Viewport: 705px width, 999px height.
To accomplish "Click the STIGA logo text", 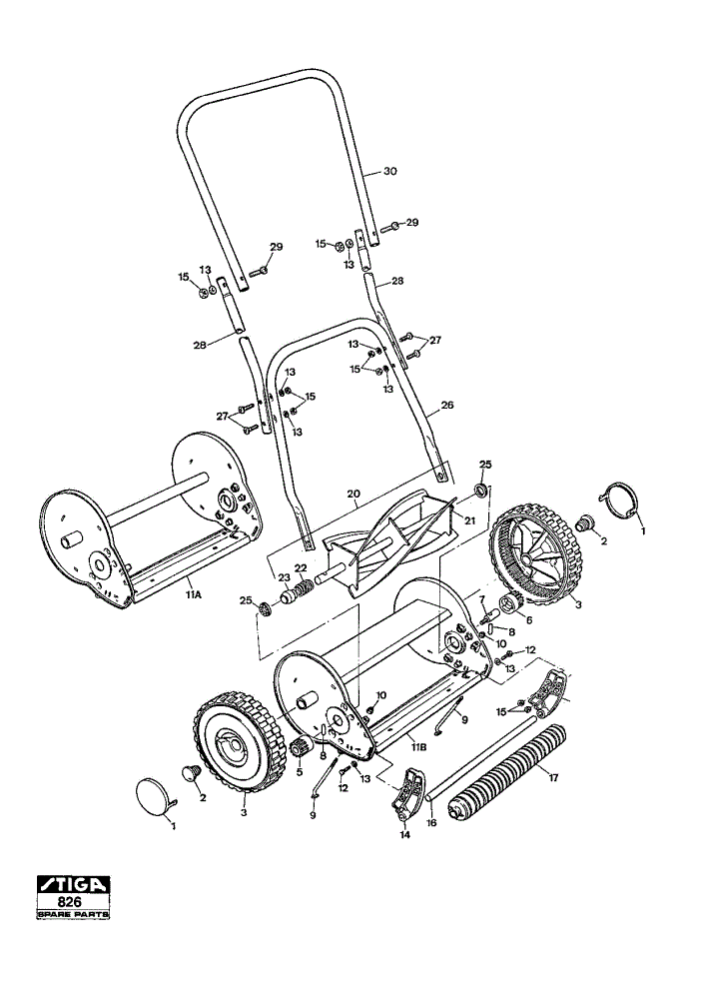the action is point(73,885).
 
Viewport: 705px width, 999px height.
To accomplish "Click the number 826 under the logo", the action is point(73,903).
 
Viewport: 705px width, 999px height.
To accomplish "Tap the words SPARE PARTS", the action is point(73,915).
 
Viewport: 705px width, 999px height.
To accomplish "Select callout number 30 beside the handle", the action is point(389,172).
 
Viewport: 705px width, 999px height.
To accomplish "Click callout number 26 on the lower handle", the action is point(447,404).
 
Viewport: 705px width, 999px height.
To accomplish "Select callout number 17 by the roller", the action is point(553,777).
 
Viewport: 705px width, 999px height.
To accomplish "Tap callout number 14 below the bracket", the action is point(405,834).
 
